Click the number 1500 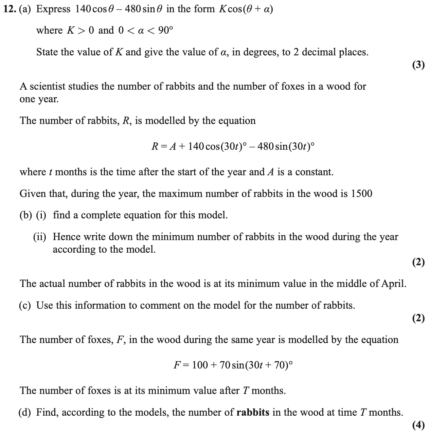coord(361,194)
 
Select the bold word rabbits coord(253,412)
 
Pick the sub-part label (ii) coord(40,237)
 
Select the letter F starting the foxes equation coord(177,365)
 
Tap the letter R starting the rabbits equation coord(155,146)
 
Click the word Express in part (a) coord(53,9)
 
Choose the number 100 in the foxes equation coord(200,365)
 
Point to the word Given coord(32,194)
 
